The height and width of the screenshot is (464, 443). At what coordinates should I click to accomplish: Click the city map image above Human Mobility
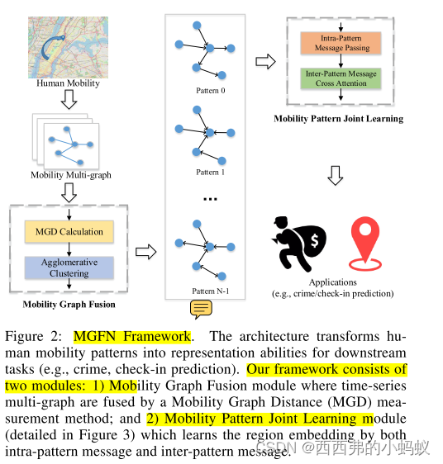pos(69,46)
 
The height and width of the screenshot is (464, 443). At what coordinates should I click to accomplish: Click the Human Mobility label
pos(69,83)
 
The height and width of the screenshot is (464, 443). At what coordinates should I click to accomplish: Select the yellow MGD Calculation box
pos(69,231)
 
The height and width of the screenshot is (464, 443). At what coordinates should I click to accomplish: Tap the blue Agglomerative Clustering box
pos(69,268)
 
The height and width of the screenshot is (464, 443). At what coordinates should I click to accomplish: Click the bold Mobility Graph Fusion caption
pos(69,305)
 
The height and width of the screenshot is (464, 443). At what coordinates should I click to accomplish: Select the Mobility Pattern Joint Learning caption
pos(339,119)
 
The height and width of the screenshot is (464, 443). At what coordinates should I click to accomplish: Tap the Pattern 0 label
pos(210,91)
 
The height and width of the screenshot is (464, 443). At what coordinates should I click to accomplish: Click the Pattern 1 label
pos(210,173)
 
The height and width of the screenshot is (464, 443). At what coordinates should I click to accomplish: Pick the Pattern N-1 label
pos(210,291)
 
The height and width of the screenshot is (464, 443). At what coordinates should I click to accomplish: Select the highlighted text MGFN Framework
pos(132,337)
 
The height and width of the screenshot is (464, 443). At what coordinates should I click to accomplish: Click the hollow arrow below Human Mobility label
pos(69,100)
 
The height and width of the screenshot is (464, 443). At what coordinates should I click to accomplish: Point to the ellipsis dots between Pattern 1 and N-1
pos(210,199)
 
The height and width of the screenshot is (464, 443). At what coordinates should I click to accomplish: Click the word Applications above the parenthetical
pos(333,282)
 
